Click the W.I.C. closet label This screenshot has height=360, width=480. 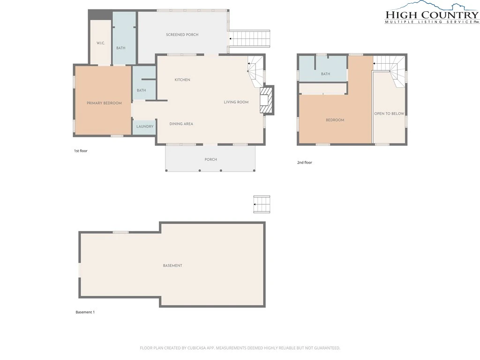[x=101, y=43]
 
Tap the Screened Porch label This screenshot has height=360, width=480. [x=182, y=35]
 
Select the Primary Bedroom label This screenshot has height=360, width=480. [x=104, y=103]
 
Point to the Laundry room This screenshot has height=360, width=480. [x=145, y=127]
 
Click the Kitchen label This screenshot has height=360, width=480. [x=182, y=80]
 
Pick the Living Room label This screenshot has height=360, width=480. [x=236, y=102]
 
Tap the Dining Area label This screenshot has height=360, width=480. [x=181, y=124]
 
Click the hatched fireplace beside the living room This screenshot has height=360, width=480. [x=265, y=100]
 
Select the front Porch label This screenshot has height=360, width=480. [x=210, y=159]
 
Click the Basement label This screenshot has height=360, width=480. [x=172, y=266]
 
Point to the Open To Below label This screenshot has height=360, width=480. [x=389, y=113]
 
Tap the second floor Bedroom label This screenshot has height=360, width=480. [x=335, y=120]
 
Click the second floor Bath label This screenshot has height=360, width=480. [x=325, y=74]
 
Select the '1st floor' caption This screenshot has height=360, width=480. [x=81, y=151]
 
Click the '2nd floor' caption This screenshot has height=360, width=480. [x=305, y=163]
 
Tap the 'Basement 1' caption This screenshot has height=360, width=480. [x=85, y=312]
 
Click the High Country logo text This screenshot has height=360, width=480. [x=432, y=15]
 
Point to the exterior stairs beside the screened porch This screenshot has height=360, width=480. [x=250, y=38]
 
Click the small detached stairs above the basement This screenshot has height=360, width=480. [x=262, y=204]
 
